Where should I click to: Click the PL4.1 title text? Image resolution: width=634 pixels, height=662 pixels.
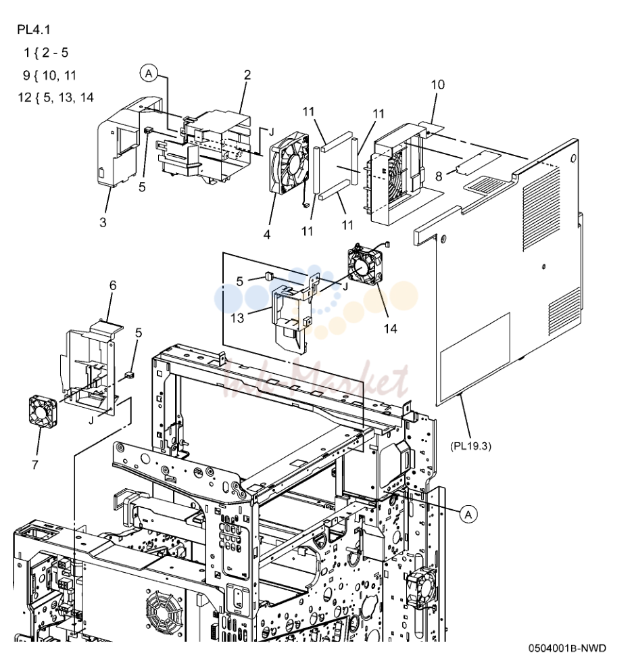click(x=34, y=30)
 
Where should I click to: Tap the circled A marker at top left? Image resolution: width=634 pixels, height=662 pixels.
click(x=149, y=74)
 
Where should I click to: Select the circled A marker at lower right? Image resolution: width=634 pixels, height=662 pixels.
click(x=468, y=515)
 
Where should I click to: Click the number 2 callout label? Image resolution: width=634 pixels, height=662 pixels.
click(x=247, y=75)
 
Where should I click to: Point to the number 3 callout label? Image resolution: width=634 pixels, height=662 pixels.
click(x=103, y=222)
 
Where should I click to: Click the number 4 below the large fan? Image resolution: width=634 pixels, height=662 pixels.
click(x=267, y=235)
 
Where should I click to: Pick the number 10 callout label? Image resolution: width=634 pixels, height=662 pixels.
click(x=438, y=85)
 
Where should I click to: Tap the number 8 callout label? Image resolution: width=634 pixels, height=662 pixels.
click(x=439, y=176)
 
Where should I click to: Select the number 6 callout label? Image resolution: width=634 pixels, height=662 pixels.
click(x=113, y=286)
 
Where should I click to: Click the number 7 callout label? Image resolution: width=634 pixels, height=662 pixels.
click(x=35, y=465)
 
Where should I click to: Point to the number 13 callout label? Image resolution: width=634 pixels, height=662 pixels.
click(x=238, y=318)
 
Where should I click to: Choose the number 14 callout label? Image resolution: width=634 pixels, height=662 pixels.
click(x=391, y=329)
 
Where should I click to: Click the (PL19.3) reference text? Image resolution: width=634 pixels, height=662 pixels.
click(x=470, y=446)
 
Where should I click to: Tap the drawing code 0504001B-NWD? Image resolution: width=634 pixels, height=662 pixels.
click(x=567, y=648)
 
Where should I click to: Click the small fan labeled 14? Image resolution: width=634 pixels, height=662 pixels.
click(x=365, y=266)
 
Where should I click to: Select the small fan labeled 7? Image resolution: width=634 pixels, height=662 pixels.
click(x=42, y=410)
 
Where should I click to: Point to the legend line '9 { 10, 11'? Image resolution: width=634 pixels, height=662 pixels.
click(x=50, y=76)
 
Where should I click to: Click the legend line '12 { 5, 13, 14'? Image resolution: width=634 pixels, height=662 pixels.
click(x=55, y=97)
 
